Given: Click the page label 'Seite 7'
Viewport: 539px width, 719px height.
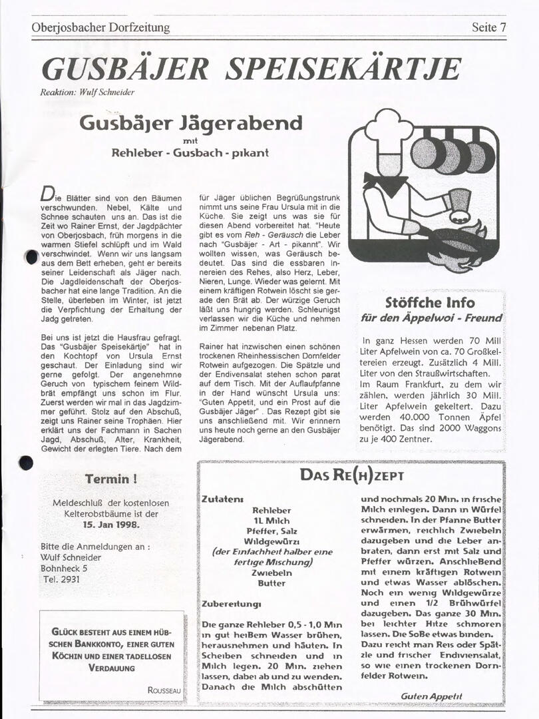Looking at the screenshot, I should (489, 27).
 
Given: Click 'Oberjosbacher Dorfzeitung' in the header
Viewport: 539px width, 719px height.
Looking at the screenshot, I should (100, 27).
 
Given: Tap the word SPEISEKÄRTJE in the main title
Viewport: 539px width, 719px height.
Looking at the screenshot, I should (343, 69).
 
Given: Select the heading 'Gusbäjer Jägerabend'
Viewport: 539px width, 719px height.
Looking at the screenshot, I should (190, 123).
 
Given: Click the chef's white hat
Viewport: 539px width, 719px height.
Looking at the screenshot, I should (389, 128).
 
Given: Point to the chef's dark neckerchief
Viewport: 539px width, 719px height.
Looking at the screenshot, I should (385, 183).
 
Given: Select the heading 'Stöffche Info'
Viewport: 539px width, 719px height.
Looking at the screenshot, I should (429, 303).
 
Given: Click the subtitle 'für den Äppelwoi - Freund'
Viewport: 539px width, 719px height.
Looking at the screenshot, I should (431, 318).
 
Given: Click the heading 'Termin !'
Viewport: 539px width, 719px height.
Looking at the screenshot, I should (111, 479).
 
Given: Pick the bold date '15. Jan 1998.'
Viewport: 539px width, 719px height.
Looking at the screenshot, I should (111, 524).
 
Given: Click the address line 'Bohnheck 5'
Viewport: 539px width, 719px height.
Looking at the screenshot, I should (64, 569).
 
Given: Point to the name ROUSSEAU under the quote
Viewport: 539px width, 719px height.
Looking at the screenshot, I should (164, 690).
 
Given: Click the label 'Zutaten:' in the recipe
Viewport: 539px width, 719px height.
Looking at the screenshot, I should (222, 499).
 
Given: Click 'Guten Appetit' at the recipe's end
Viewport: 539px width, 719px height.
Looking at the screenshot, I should (431, 696).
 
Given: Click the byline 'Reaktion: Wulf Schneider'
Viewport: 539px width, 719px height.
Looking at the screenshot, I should (88, 93).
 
